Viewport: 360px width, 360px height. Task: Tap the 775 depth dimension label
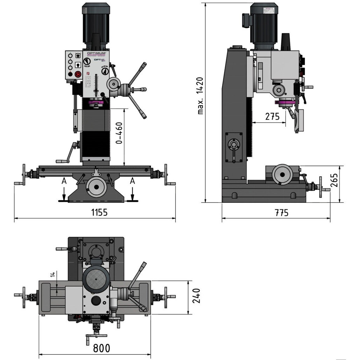pos(281,212)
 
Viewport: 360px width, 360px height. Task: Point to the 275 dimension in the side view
pos(272,116)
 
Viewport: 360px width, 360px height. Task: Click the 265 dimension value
pos(334,180)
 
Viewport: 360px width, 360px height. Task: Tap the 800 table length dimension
pos(101,348)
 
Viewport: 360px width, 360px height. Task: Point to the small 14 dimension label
pos(52,275)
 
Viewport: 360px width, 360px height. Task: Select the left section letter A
pos(64,181)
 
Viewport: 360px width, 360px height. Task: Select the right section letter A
pos(132,181)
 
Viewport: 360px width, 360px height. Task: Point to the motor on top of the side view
pos(264,24)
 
